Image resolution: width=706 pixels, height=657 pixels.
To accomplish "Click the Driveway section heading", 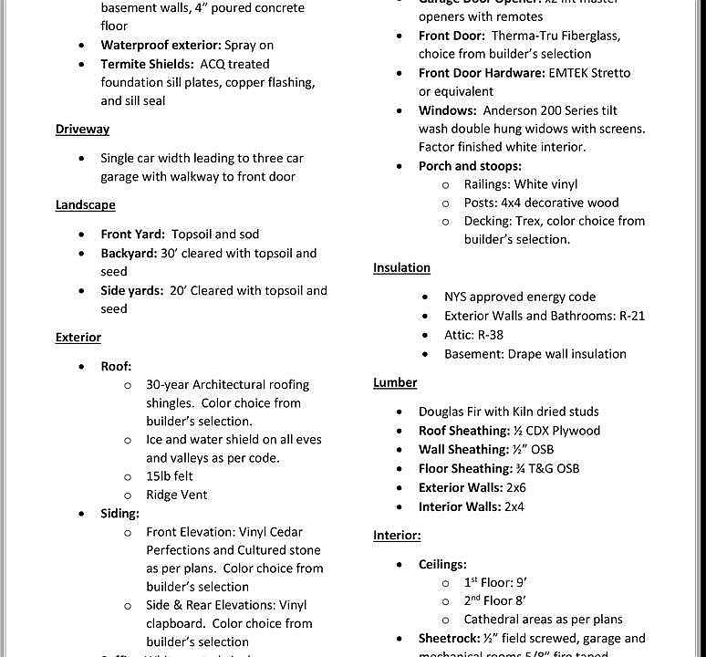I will coord(82,130).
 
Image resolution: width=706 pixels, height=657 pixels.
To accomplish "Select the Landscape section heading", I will coord(85,205).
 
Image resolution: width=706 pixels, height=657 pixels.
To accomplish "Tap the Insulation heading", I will coord(401,268).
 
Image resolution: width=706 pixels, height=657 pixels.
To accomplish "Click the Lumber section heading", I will coord(395,383).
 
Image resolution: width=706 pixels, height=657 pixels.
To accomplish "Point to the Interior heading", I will coord(397,536).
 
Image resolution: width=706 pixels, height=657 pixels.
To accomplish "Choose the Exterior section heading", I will coord(78,338).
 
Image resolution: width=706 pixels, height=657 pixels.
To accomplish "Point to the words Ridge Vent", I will coord(177,495).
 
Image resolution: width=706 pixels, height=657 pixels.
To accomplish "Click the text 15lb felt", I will coord(170,476).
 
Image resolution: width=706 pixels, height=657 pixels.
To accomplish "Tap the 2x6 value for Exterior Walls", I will coord(516,488).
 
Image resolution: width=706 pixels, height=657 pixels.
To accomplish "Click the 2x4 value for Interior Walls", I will coord(514,507).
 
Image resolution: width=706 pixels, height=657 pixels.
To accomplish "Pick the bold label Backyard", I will coord(129,254).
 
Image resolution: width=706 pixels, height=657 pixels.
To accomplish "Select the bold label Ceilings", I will coord(443,565).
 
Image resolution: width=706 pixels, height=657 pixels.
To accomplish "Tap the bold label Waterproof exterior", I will coord(161,45).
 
